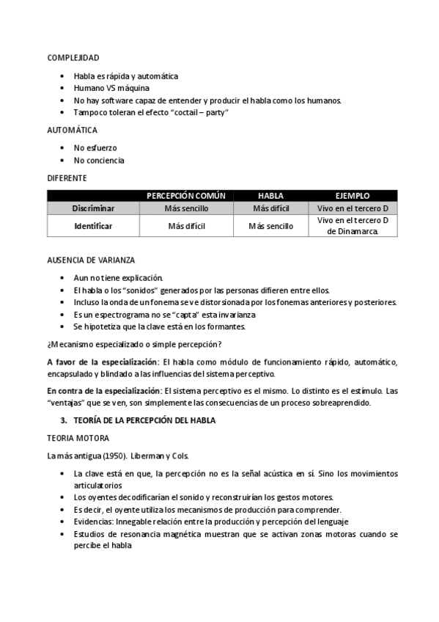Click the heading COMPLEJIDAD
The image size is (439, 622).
[73, 57]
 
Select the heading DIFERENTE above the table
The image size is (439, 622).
[67, 178]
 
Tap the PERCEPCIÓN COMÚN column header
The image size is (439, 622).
[186, 196]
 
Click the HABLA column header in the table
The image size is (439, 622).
[270, 196]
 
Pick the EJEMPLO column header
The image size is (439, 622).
[353, 196]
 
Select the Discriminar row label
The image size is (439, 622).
[93, 208]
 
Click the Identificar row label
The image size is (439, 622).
[93, 226]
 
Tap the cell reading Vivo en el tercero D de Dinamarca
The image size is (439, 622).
[353, 226]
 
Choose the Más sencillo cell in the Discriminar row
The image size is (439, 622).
[186, 208]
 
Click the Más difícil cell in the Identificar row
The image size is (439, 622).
[186, 226]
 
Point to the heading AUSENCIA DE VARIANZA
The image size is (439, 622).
[91, 260]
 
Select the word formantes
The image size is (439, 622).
[229, 326]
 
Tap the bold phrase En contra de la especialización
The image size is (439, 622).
[105, 390]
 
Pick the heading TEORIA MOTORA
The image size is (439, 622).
[78, 438]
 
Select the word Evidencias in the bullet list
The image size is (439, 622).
[95, 522]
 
